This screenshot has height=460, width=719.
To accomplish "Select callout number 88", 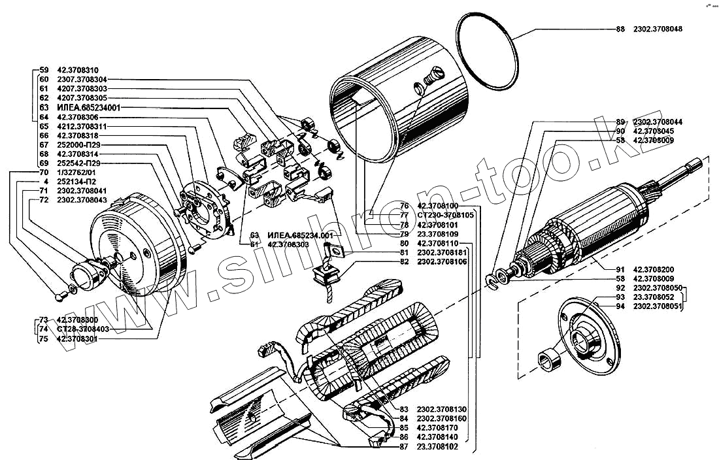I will coord(620,29).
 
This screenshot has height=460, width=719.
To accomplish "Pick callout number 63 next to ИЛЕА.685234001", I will coord(44,107).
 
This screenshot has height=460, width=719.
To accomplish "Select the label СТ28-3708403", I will coord(83,329).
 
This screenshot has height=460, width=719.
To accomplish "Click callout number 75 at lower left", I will coord(44,338).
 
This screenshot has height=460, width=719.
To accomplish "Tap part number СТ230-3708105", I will coord(447,215).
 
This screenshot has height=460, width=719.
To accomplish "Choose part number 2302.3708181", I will coord(442,253).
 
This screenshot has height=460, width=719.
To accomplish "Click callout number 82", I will coord(404,262).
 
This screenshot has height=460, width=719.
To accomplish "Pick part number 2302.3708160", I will coord(442,419).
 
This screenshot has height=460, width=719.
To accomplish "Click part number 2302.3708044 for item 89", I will coord(658,122).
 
